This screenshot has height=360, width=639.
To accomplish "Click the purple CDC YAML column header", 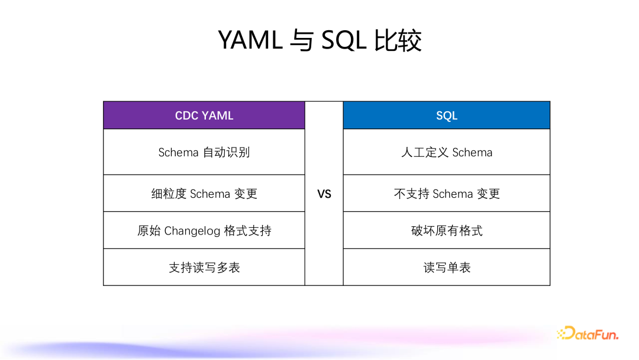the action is click(x=204, y=115).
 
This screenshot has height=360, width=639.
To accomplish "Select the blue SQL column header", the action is click(x=447, y=115).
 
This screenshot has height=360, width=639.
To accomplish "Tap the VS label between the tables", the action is click(x=324, y=194).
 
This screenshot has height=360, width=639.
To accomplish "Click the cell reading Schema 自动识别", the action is click(x=204, y=152).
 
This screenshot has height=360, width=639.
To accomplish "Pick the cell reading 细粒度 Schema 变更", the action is click(x=204, y=193).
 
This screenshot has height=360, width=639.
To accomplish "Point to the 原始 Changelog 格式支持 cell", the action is click(x=204, y=230).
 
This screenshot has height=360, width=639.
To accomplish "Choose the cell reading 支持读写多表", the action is click(x=204, y=267).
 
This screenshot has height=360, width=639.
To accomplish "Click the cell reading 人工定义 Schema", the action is click(x=447, y=152).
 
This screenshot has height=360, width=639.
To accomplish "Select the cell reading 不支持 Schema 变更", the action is click(x=447, y=193).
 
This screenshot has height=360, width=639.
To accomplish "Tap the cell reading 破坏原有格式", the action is click(x=447, y=230).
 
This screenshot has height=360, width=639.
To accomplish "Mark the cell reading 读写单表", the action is click(x=447, y=267).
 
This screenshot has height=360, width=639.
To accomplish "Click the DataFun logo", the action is click(x=588, y=333).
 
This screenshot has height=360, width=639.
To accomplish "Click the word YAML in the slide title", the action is click(x=250, y=40).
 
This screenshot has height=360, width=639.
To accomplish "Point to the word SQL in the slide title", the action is click(x=344, y=40).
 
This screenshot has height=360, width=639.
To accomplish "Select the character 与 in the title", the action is click(x=302, y=40).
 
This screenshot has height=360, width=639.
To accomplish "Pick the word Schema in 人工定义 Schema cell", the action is click(x=472, y=153).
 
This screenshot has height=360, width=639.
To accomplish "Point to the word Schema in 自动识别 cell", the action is click(x=178, y=153).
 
